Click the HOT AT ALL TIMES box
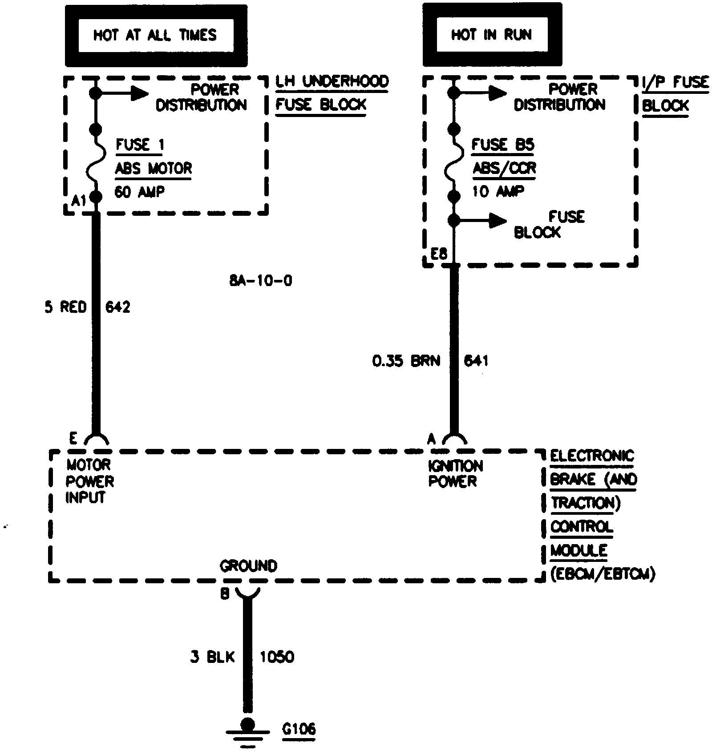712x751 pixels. click(156, 35)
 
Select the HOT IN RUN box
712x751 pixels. click(492, 34)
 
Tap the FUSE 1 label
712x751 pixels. click(140, 145)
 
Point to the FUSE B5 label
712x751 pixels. click(503, 145)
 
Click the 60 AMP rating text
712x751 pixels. click(140, 192)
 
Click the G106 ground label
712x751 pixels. click(299, 729)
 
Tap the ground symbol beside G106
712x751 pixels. click(247, 732)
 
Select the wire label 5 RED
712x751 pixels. click(65, 307)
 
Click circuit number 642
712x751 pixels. click(118, 307)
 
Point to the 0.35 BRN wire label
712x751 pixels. click(406, 360)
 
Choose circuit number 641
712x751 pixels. click(476, 360)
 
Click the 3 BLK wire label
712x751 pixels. click(212, 657)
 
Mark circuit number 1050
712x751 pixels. click(277, 657)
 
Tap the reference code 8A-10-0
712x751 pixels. click(261, 281)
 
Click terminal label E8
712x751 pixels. click(439, 254)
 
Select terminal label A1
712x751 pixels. click(79, 201)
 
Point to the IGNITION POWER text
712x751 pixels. click(455, 473)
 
